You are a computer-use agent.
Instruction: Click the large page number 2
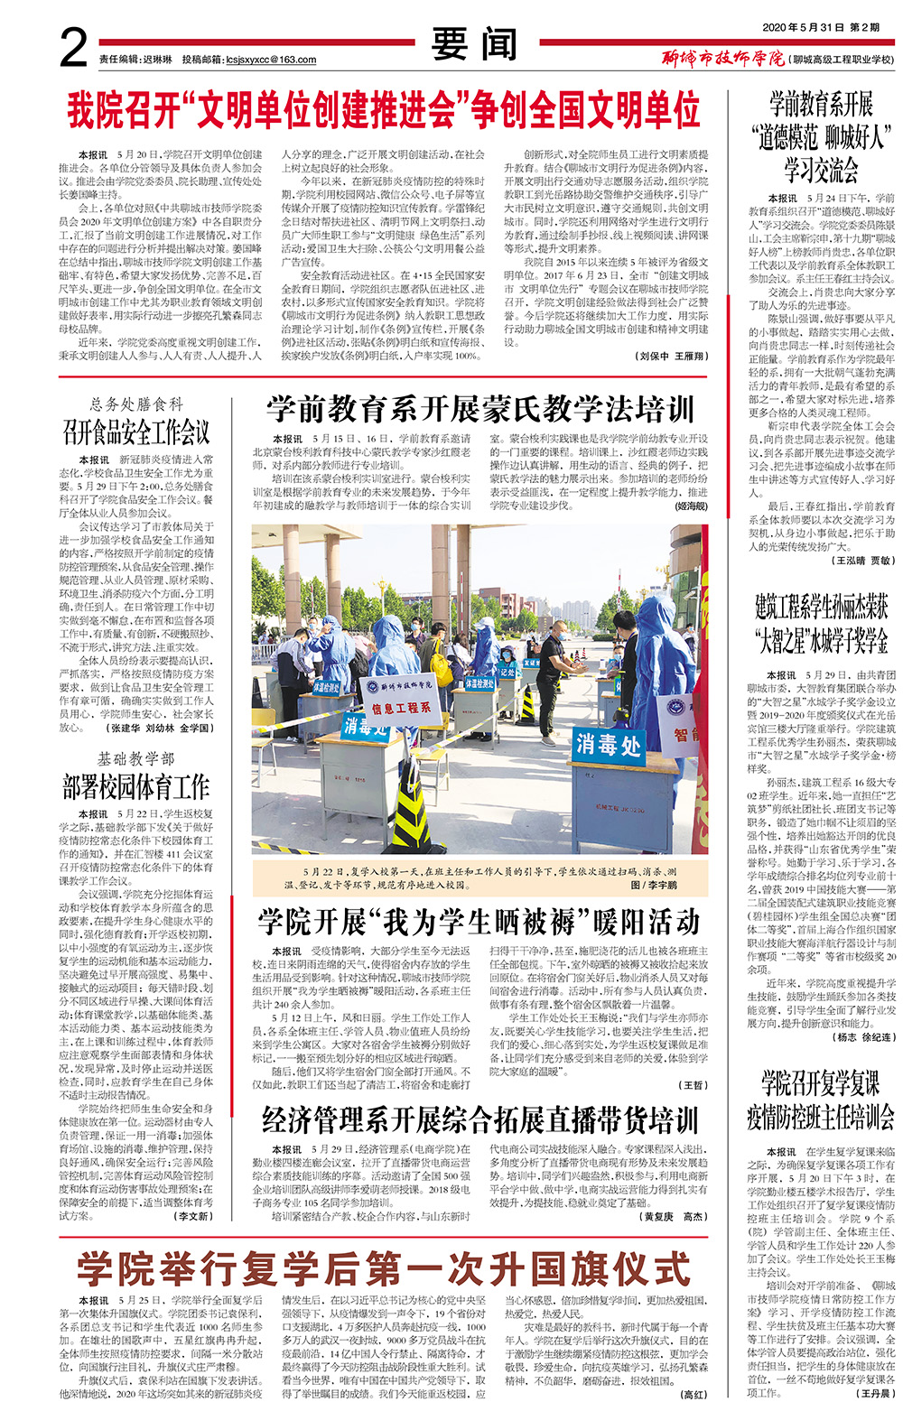74,46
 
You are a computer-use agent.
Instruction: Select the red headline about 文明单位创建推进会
384,110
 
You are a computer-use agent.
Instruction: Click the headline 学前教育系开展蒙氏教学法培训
479,410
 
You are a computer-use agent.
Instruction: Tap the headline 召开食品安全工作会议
136,432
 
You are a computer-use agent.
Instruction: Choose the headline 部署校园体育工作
136,786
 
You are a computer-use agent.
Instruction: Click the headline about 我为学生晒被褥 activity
479,922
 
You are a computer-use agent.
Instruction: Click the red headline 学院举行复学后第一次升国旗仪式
384,1269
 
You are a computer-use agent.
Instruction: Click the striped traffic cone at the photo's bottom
411,817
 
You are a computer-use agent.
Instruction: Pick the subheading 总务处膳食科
136,404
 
